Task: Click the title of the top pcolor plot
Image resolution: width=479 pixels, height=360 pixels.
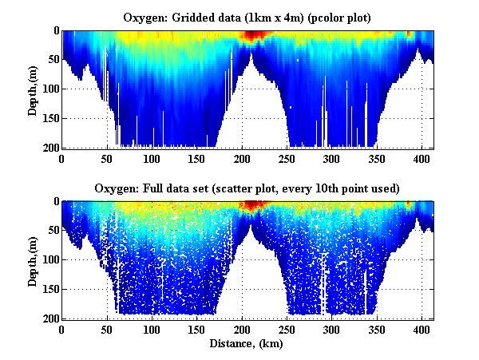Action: pyautogui.click(x=247, y=17)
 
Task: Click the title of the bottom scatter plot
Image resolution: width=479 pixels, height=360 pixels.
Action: pyautogui.click(x=247, y=188)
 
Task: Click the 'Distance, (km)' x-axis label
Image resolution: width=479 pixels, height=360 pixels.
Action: pyautogui.click(x=247, y=344)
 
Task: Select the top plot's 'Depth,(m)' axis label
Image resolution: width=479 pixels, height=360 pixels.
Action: pyautogui.click(x=33, y=89)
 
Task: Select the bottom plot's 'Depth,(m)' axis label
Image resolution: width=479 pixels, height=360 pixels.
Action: pyautogui.click(x=33, y=260)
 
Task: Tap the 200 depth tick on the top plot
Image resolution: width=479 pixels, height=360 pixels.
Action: pyautogui.click(x=50, y=148)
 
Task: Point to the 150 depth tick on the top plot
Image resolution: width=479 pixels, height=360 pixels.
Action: pyautogui.click(x=50, y=118)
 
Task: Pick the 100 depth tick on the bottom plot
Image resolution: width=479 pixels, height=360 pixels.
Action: pyautogui.click(x=50, y=260)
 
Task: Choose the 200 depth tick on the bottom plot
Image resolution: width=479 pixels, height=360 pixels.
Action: pyautogui.click(x=50, y=318)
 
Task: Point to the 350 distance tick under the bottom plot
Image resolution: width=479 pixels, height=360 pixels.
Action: pyautogui.click(x=277, y=330)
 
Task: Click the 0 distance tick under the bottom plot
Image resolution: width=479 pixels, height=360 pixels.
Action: pyautogui.click(x=62, y=330)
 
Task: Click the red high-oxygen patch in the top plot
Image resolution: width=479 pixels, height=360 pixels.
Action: pyautogui.click(x=252, y=35)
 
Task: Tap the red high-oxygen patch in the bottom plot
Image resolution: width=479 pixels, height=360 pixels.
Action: pyautogui.click(x=252, y=206)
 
